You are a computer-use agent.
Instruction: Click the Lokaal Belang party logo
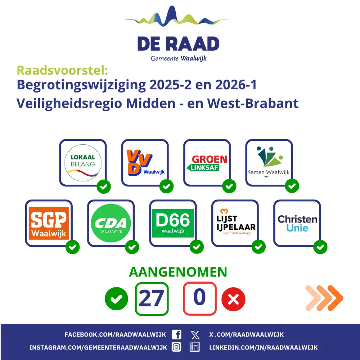tap(83, 163)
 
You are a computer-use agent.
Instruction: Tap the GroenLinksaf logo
tap(207, 163)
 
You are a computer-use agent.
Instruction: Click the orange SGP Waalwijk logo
tap(49, 223)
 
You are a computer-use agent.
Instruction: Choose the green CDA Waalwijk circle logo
tap(111, 223)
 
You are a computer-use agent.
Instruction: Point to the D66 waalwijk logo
tap(173, 223)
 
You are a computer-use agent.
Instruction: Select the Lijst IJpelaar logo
tap(236, 222)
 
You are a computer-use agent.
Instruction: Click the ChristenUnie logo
tap(297, 223)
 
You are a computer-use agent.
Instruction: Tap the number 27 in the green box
tap(152, 298)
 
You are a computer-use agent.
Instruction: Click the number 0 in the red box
tap(199, 297)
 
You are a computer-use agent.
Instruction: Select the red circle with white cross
tap(233, 299)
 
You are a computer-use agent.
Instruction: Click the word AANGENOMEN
tap(178, 272)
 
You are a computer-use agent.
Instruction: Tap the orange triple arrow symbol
tap(324, 298)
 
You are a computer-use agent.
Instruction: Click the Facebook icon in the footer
tap(176, 334)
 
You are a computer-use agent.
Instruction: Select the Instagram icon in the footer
tap(176, 347)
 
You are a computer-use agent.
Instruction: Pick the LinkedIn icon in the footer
tap(195, 347)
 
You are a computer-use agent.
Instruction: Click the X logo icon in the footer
tap(195, 335)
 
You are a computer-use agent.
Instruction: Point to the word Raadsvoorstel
tap(62, 70)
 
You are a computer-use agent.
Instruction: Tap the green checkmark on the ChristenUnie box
tap(320, 247)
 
